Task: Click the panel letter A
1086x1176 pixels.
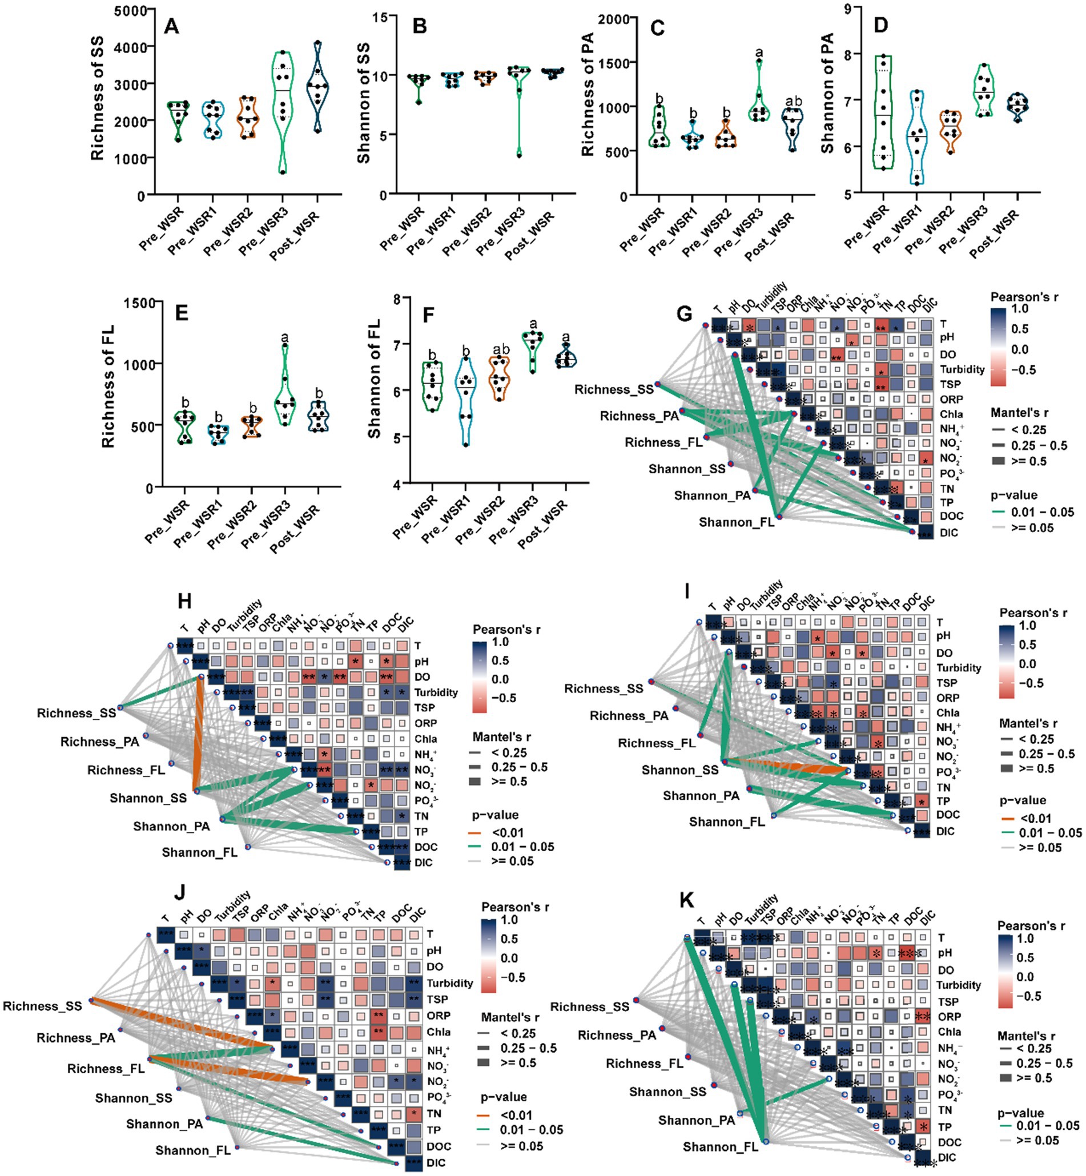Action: pyautogui.click(x=171, y=26)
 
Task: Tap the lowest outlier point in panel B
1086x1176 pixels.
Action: pyautogui.click(x=519, y=155)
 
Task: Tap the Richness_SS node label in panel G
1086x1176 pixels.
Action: pyautogui.click(x=614, y=389)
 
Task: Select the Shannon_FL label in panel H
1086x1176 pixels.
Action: pyautogui.click(x=199, y=852)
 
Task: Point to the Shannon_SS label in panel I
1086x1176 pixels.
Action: pyautogui.click(x=679, y=770)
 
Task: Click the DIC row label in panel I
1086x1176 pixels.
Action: pyautogui.click(x=946, y=831)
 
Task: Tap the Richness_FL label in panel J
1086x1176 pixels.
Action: pyautogui.click(x=106, y=1068)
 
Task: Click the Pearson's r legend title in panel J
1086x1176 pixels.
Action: pyautogui.click(x=515, y=907)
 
